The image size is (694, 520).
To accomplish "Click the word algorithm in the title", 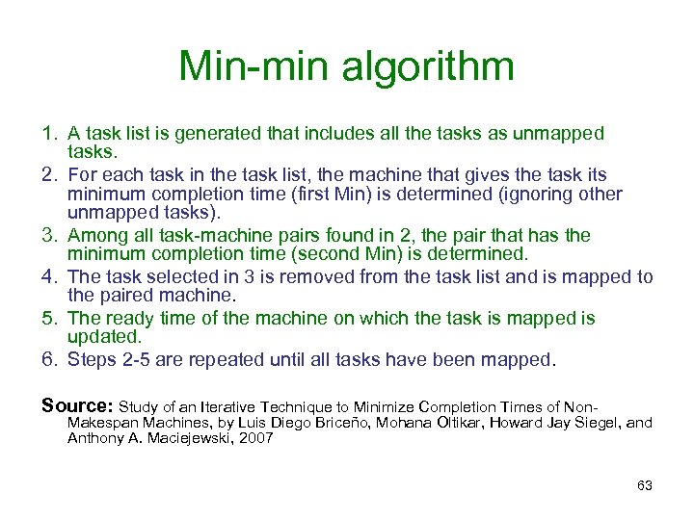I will [438, 67].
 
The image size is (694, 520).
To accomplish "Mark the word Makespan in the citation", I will [103, 423].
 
